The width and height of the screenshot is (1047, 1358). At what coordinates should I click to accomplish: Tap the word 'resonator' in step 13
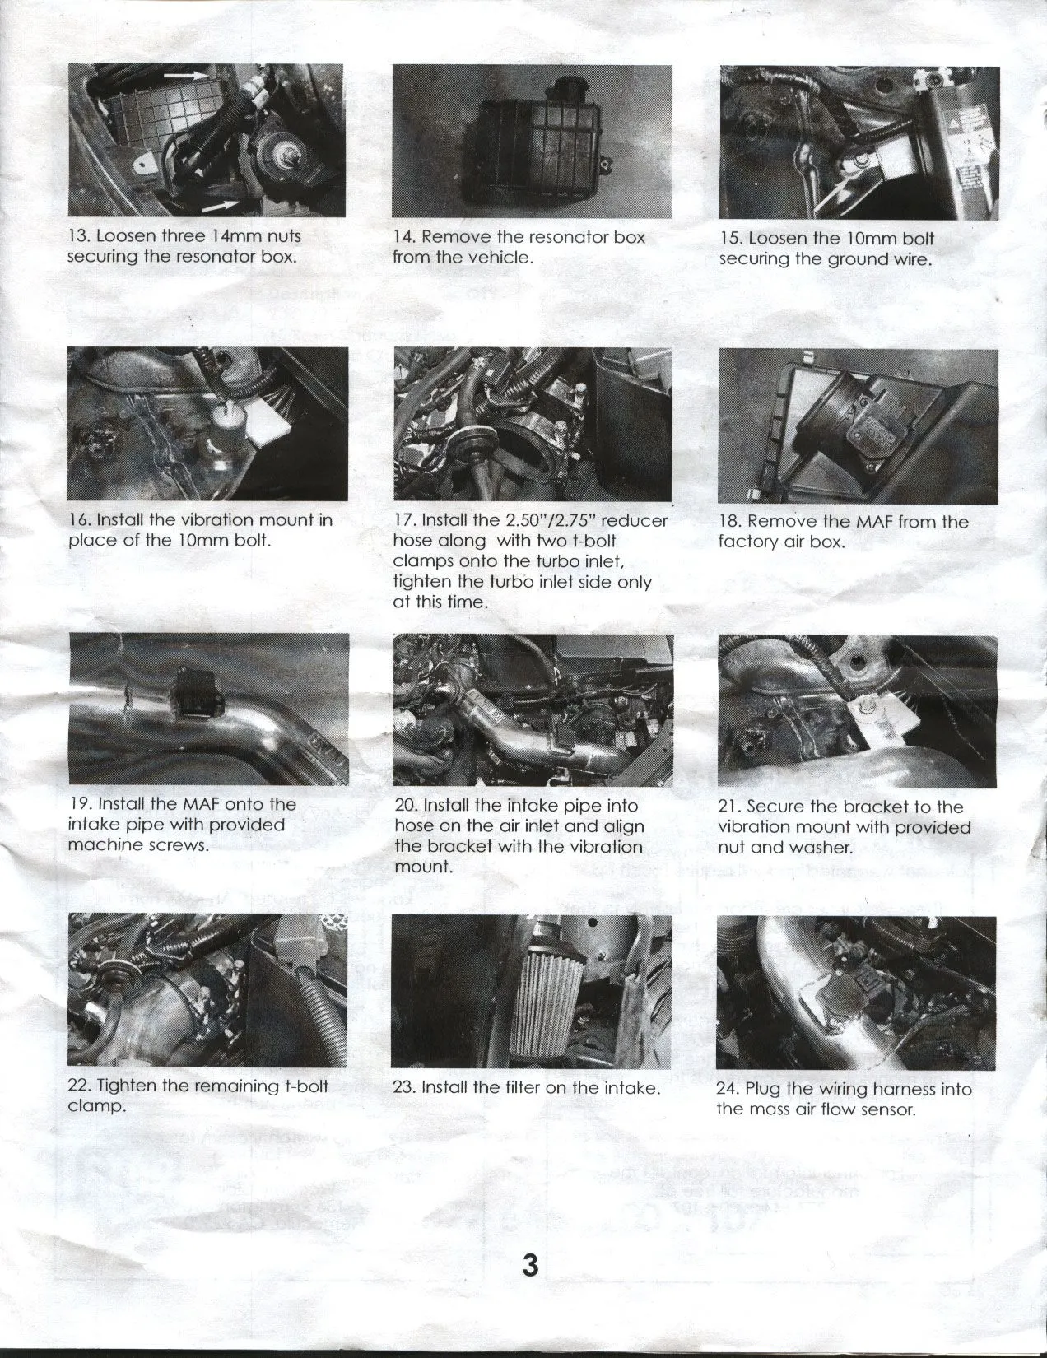point(215,256)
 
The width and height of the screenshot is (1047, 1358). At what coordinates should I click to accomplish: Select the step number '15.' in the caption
point(730,239)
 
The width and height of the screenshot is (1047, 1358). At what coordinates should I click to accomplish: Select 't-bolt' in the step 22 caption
point(305,1086)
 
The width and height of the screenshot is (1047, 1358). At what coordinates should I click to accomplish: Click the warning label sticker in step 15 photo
point(970,148)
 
